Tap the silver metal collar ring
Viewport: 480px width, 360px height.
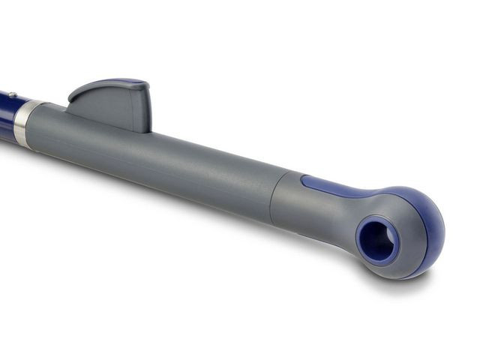click(23, 122)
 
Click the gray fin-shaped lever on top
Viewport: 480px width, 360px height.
click(112, 105)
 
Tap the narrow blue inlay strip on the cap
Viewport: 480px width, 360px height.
click(337, 188)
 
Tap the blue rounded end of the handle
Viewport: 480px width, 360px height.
click(427, 225)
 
